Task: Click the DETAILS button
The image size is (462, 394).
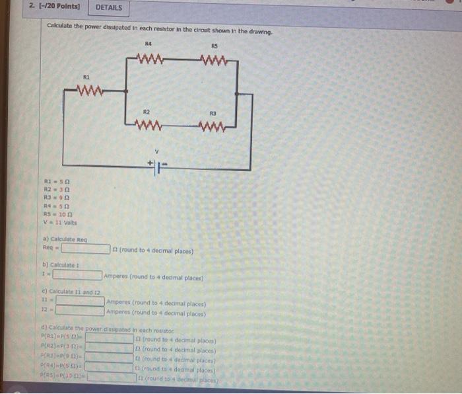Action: pyautogui.click(x=109, y=8)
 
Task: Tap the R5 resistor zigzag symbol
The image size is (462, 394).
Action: pyautogui.click(x=214, y=61)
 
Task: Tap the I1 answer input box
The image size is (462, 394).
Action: pyautogui.click(x=80, y=300)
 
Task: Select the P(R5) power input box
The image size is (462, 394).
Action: pyautogui.click(x=112, y=378)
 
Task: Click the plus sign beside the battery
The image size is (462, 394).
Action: pyautogui.click(x=150, y=161)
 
